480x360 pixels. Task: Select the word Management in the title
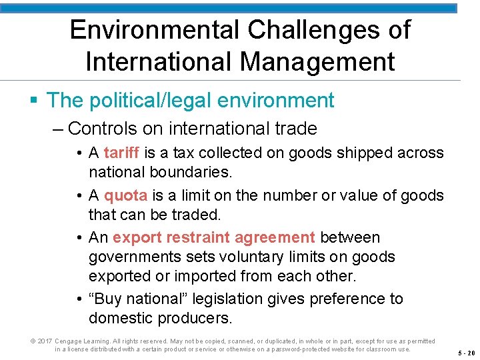pos(317,62)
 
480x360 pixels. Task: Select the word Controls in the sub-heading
pos(102,128)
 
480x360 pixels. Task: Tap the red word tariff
pos(121,153)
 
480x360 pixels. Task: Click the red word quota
pos(126,195)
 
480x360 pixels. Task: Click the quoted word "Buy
pos(103,299)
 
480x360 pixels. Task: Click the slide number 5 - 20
pos(466,353)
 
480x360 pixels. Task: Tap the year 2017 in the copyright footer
pos(45,341)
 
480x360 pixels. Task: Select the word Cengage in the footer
pos(69,341)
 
